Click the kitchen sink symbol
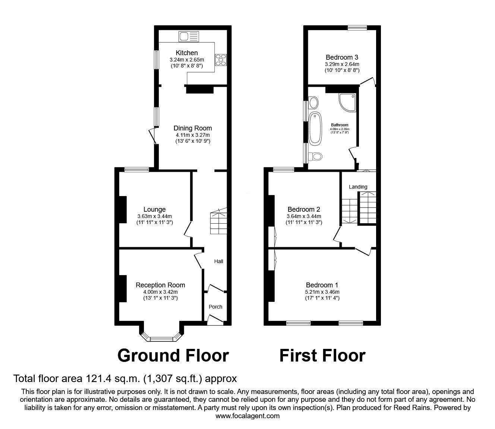[189, 37]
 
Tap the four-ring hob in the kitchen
[221, 60]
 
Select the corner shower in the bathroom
[347, 102]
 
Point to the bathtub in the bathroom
[315, 129]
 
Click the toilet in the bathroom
[315, 157]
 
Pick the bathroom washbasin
[313, 103]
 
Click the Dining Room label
[193, 128]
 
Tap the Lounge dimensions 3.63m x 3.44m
[154, 216]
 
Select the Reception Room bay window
[162, 336]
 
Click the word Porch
[215, 307]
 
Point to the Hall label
[218, 261]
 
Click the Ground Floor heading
[173, 356]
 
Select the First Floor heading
[322, 356]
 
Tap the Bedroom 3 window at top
[357, 28]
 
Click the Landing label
[358, 187]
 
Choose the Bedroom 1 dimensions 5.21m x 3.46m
[322, 292]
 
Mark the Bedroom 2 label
[304, 209]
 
